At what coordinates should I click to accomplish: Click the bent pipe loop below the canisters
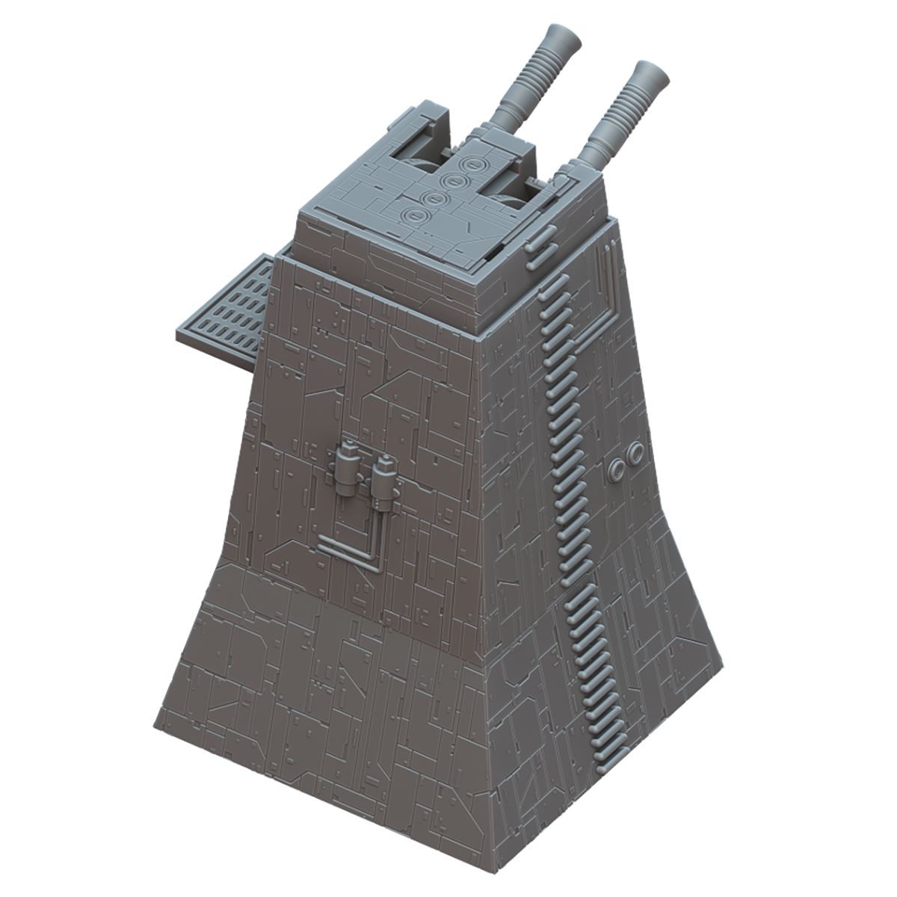tap(351, 549)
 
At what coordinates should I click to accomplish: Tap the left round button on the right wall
tap(617, 469)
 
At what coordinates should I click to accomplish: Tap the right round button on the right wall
tap(636, 452)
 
